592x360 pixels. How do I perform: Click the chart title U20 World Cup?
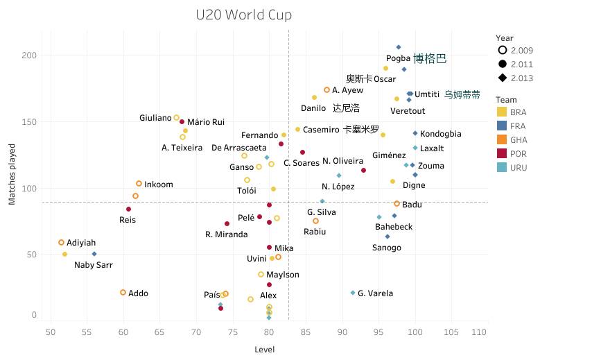[x=243, y=15]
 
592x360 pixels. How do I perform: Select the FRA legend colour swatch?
[x=502, y=126]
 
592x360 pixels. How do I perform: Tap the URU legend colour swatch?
[x=502, y=168]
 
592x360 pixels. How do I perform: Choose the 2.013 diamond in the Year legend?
[x=502, y=78]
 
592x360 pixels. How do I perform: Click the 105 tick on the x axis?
[x=452, y=333]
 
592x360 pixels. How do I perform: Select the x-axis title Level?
[x=264, y=349]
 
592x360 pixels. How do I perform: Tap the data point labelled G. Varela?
[x=353, y=293]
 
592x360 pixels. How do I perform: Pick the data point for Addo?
[x=123, y=293]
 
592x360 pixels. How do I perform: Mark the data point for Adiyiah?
[x=61, y=243]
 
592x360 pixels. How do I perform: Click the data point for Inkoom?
[x=139, y=184]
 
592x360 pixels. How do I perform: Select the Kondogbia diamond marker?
[x=415, y=133]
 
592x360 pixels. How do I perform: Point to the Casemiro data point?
[x=297, y=130]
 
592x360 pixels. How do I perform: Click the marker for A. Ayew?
[x=327, y=90]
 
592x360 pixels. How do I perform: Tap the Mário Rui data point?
[x=182, y=122]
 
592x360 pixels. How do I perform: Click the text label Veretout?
[x=408, y=111]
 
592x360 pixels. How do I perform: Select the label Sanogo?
[x=386, y=248]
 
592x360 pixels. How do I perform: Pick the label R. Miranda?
[x=226, y=234]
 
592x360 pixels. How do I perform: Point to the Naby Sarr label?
[x=94, y=265]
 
